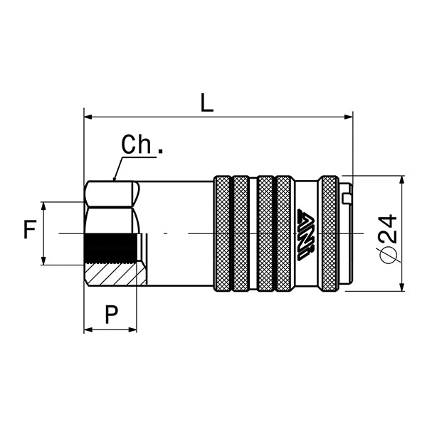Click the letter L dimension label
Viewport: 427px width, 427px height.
click(206, 102)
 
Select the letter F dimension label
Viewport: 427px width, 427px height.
click(29, 230)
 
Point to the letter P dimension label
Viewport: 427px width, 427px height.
click(111, 313)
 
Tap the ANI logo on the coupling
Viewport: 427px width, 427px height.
click(307, 233)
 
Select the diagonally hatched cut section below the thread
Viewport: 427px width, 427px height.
click(110, 275)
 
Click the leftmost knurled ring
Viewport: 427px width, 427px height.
click(222, 233)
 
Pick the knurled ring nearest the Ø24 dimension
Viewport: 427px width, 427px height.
click(329, 233)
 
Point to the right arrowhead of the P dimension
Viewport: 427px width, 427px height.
click(133, 330)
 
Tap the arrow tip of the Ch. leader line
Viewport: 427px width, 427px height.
click(115, 179)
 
